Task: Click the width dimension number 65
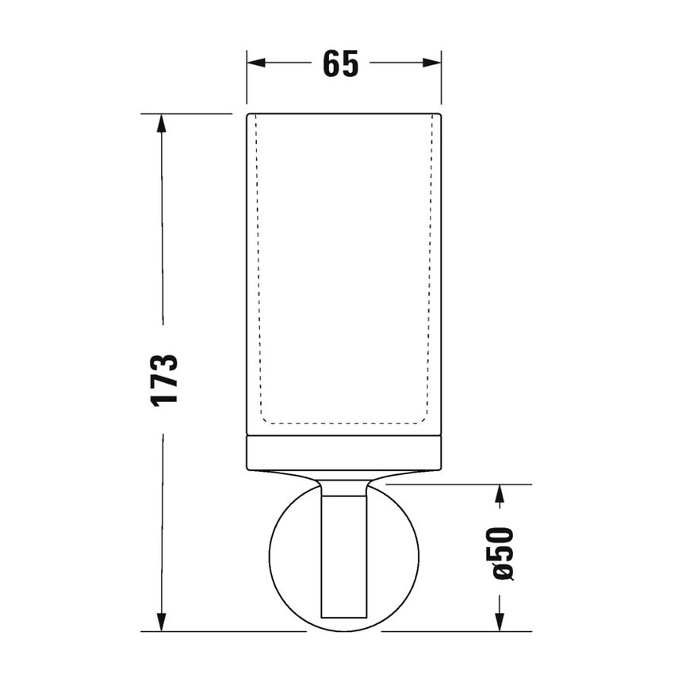click(x=341, y=64)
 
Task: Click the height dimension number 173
click(x=165, y=379)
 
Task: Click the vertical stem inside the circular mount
click(x=343, y=555)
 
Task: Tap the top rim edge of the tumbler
click(x=343, y=114)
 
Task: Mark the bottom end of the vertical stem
click(x=343, y=616)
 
